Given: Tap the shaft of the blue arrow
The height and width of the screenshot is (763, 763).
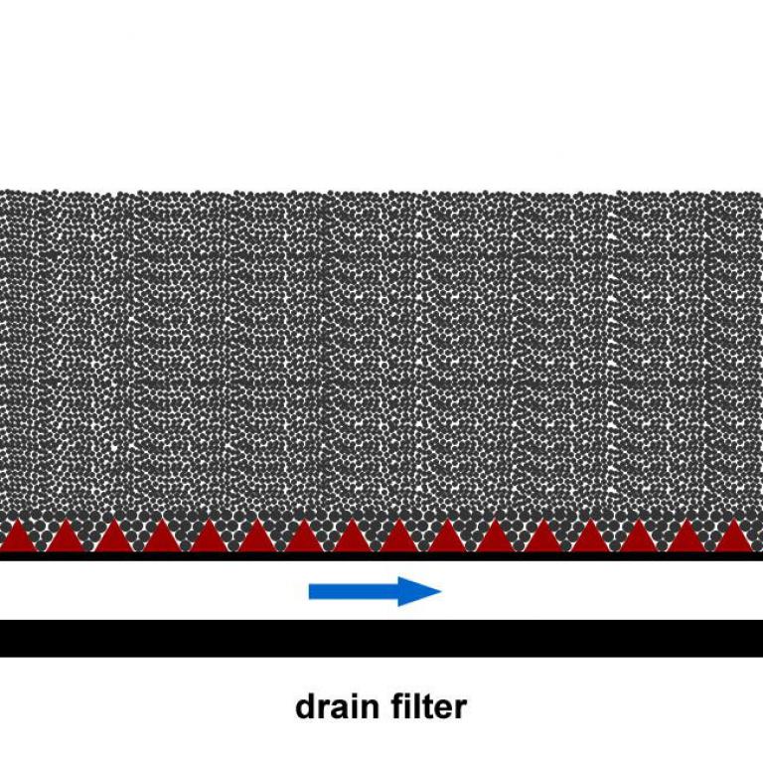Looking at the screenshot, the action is click(354, 592).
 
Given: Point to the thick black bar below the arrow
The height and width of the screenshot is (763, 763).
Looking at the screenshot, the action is click(381, 639).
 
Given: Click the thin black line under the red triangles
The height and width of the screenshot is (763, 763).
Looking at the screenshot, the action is click(381, 556).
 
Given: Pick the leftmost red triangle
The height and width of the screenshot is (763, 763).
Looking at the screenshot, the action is click(18, 535).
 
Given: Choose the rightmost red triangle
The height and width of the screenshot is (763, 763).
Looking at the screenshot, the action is click(734, 535).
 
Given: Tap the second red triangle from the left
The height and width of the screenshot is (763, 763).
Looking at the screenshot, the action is click(66, 535).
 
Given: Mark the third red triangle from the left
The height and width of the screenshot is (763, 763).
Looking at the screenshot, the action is click(113, 535).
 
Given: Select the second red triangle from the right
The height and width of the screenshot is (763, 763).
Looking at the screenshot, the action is click(687, 535).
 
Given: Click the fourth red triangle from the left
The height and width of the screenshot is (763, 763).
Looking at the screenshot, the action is click(161, 535).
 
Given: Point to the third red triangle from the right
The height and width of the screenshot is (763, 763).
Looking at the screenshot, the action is click(639, 535).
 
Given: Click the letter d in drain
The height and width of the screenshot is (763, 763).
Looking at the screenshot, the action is click(305, 707).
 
